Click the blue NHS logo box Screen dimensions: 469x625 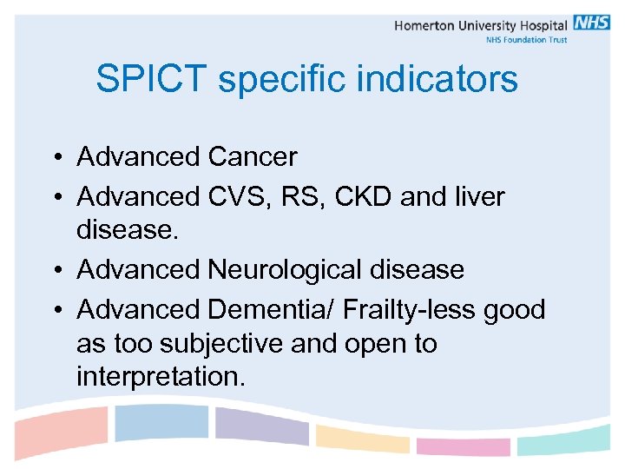(591, 23)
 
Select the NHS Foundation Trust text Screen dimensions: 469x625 (525, 40)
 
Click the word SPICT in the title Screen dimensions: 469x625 (152, 79)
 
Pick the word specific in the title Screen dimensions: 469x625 (277, 79)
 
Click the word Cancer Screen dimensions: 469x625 (253, 157)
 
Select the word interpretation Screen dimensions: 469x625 (161, 377)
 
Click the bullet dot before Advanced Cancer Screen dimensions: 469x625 (54, 158)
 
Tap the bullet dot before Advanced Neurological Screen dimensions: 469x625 (54, 271)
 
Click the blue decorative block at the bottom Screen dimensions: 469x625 (162, 422)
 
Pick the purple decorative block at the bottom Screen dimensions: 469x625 (261, 426)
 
